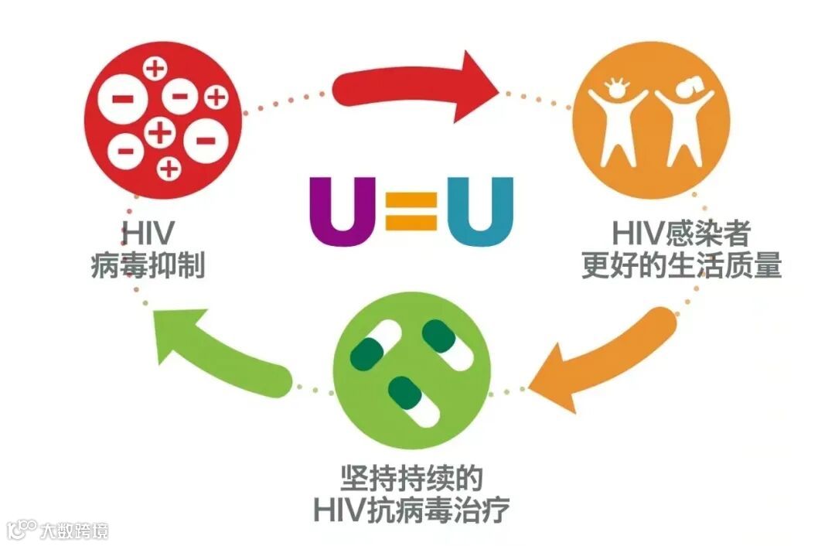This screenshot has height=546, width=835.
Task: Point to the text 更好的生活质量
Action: tap(681, 266)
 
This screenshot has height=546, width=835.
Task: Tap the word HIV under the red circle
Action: tap(146, 232)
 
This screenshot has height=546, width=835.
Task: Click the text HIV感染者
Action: tap(680, 232)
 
